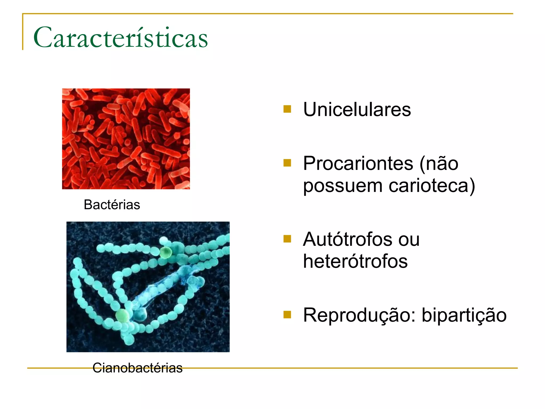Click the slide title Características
tap(120, 38)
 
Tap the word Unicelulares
tap(357, 109)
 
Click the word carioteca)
tap(432, 186)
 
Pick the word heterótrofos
tap(355, 261)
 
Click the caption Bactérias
tap(112, 205)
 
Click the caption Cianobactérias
tap(137, 368)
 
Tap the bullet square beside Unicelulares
tap(287, 109)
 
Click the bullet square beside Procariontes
tap(287, 163)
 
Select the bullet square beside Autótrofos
tap(287, 239)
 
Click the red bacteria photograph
tap(126, 139)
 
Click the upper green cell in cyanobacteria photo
tap(166, 252)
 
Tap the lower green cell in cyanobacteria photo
tap(122, 316)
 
